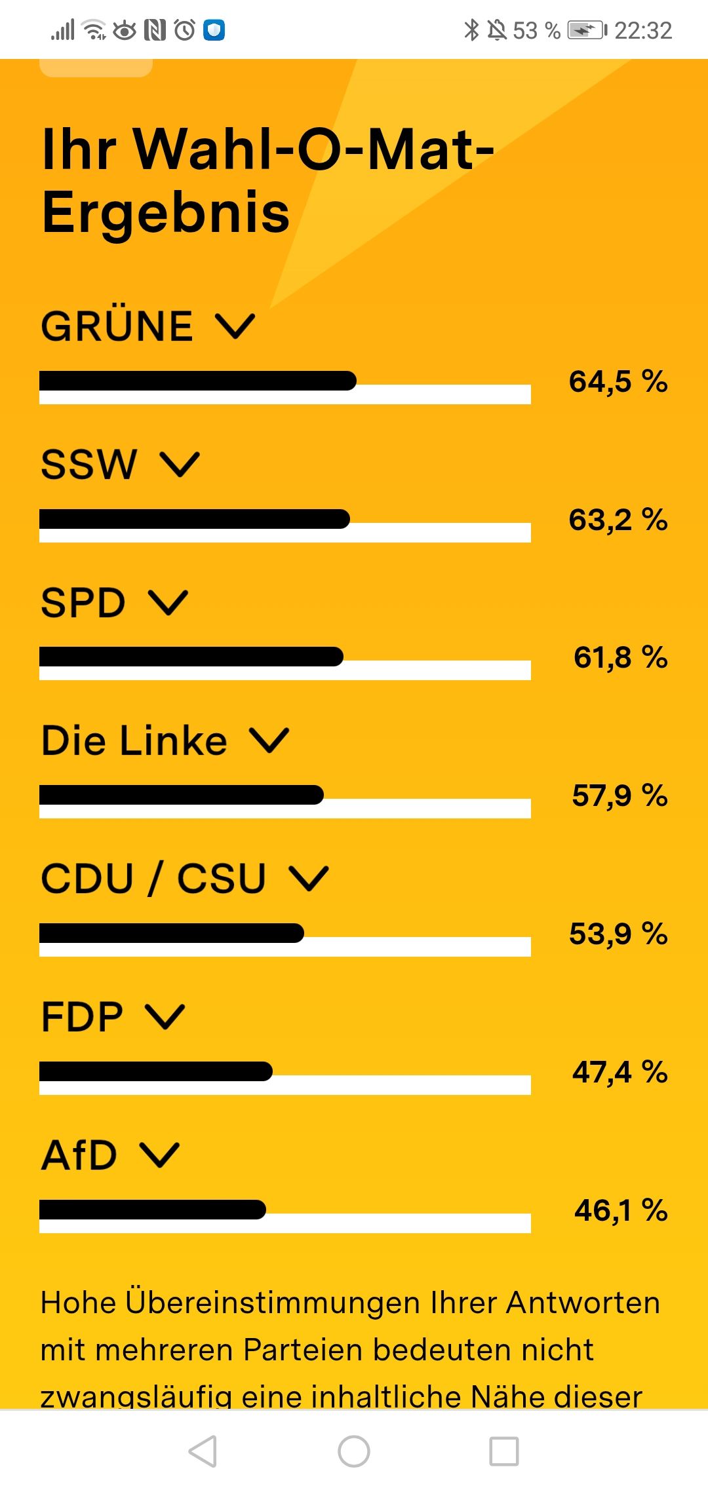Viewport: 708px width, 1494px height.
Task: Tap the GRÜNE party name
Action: tap(117, 326)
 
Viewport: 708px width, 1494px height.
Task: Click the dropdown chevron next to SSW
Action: tap(180, 464)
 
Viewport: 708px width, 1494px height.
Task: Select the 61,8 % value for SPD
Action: tap(620, 657)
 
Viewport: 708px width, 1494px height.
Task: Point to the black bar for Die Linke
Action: tap(182, 795)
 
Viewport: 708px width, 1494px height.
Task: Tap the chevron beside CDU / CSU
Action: tap(309, 878)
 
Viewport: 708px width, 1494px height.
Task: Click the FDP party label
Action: tap(82, 1017)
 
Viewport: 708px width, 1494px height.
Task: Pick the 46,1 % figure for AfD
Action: tap(620, 1210)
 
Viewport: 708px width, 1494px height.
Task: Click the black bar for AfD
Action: tap(153, 1210)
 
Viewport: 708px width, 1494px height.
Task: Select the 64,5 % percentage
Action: tap(618, 381)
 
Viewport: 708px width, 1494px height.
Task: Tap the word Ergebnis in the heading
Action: tap(165, 212)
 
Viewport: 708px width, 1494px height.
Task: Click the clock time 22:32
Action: tap(643, 31)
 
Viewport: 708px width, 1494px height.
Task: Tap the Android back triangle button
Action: tap(203, 1451)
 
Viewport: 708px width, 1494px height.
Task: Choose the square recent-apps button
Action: tap(504, 1451)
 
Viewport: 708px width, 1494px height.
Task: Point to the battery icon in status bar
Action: tap(587, 30)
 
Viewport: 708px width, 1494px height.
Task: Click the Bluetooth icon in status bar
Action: tap(471, 30)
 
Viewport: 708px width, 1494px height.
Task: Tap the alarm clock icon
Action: tap(185, 30)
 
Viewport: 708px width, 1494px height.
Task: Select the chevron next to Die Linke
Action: tap(269, 740)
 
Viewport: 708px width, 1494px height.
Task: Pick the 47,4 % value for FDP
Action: tap(619, 1072)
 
